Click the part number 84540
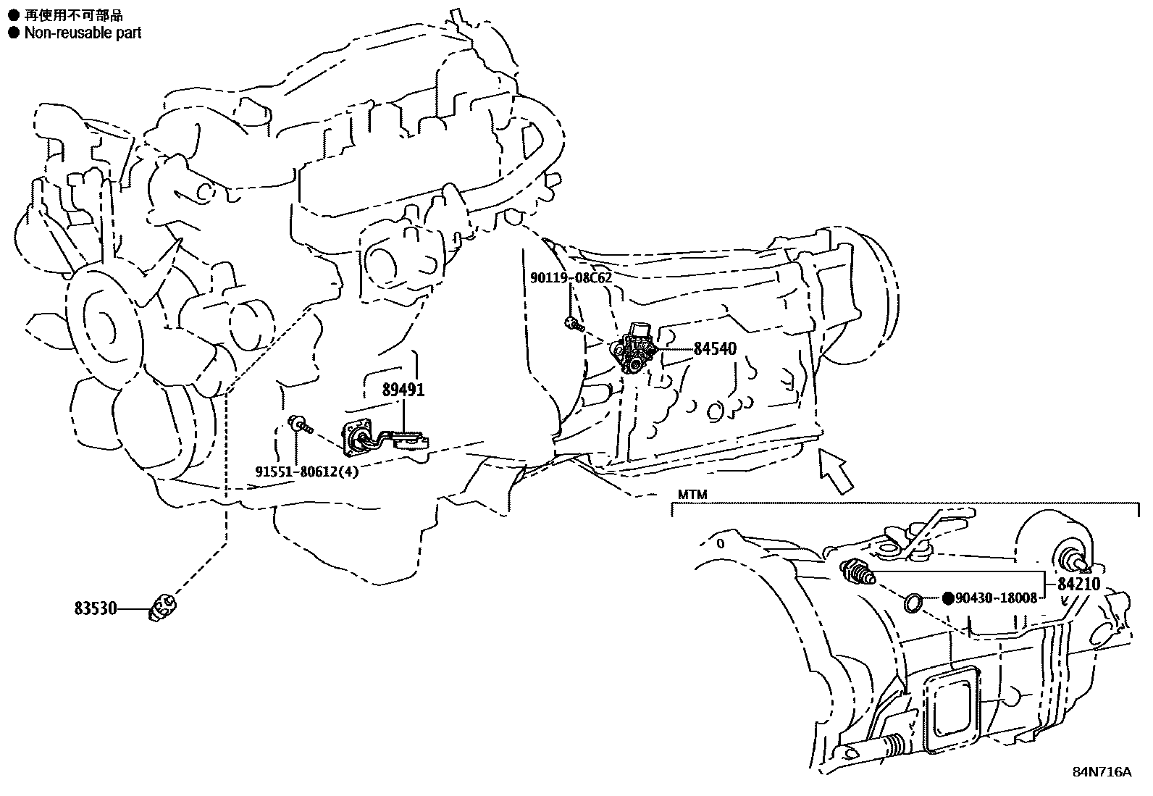click(x=714, y=349)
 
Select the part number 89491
click(x=403, y=390)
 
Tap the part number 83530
click(x=96, y=608)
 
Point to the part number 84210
click(x=1079, y=584)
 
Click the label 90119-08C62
click(x=571, y=278)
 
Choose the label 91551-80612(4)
click(x=307, y=471)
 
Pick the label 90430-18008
click(x=997, y=598)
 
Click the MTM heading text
click(x=692, y=494)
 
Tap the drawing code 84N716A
click(x=1102, y=772)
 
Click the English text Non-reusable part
click(x=83, y=33)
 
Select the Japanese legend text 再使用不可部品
click(x=74, y=15)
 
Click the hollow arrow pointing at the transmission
click(x=836, y=471)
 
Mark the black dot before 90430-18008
click(x=948, y=598)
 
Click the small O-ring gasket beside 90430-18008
click(x=913, y=602)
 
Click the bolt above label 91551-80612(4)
click(x=300, y=424)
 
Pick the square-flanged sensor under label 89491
click(x=385, y=439)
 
